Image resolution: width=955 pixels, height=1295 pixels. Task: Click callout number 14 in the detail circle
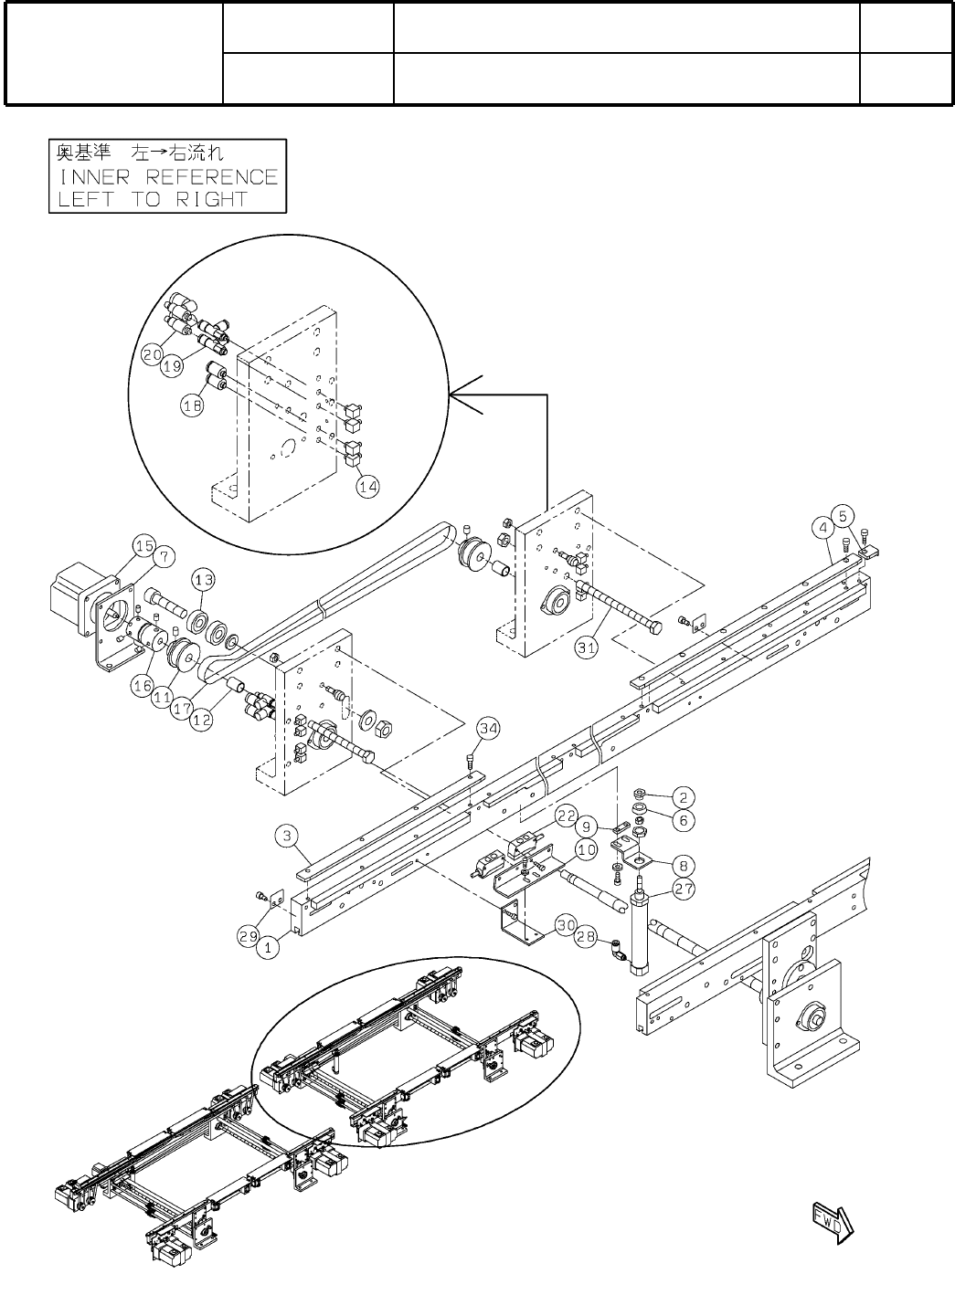(367, 487)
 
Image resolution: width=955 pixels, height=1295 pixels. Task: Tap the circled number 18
(193, 407)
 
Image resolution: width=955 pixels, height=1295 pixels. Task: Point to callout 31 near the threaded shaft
(587, 647)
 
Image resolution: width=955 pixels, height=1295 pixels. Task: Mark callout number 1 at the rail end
(268, 949)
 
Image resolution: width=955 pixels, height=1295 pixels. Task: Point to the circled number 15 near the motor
(143, 546)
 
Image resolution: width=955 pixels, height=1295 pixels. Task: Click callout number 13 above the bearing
(204, 579)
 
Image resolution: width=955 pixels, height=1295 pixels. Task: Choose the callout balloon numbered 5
(844, 514)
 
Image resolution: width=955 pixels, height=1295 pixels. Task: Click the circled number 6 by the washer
(682, 820)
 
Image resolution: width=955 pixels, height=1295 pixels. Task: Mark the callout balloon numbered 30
(566, 923)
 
